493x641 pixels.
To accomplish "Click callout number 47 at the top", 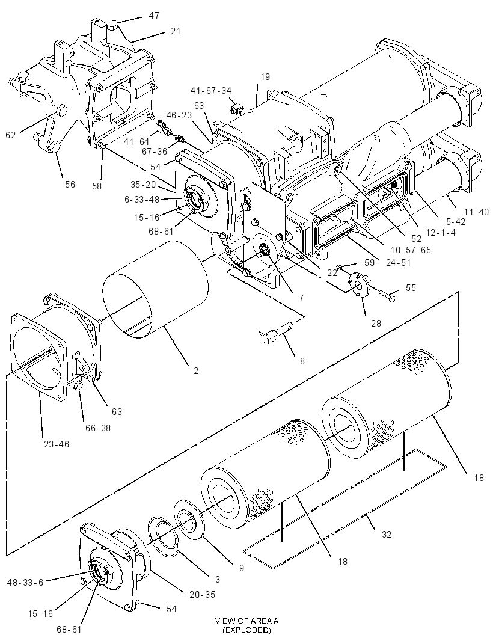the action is [x=154, y=16].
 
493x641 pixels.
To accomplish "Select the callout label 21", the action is [x=176, y=31].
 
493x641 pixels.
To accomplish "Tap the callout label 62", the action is [x=11, y=135].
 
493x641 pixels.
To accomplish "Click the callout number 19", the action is [x=265, y=77].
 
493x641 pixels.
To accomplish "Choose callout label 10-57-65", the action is [x=410, y=250].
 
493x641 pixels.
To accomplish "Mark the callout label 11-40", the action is [x=476, y=212].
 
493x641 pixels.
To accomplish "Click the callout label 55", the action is [x=411, y=288].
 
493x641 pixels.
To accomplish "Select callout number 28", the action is [x=376, y=323].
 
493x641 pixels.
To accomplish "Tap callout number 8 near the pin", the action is [x=302, y=361].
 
